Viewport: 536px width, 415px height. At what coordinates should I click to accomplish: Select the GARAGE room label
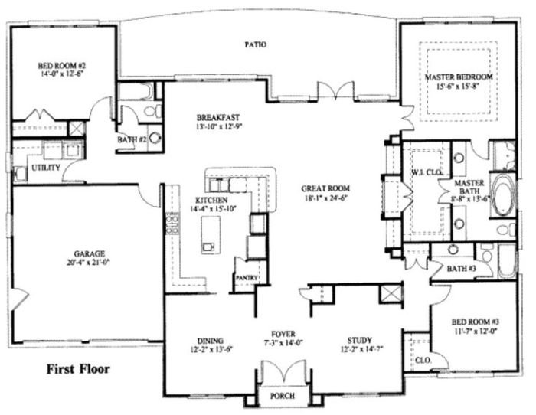click(x=90, y=253)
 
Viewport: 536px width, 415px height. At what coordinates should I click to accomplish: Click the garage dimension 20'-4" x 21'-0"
click(x=90, y=263)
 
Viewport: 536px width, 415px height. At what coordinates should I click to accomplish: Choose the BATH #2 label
click(x=132, y=140)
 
